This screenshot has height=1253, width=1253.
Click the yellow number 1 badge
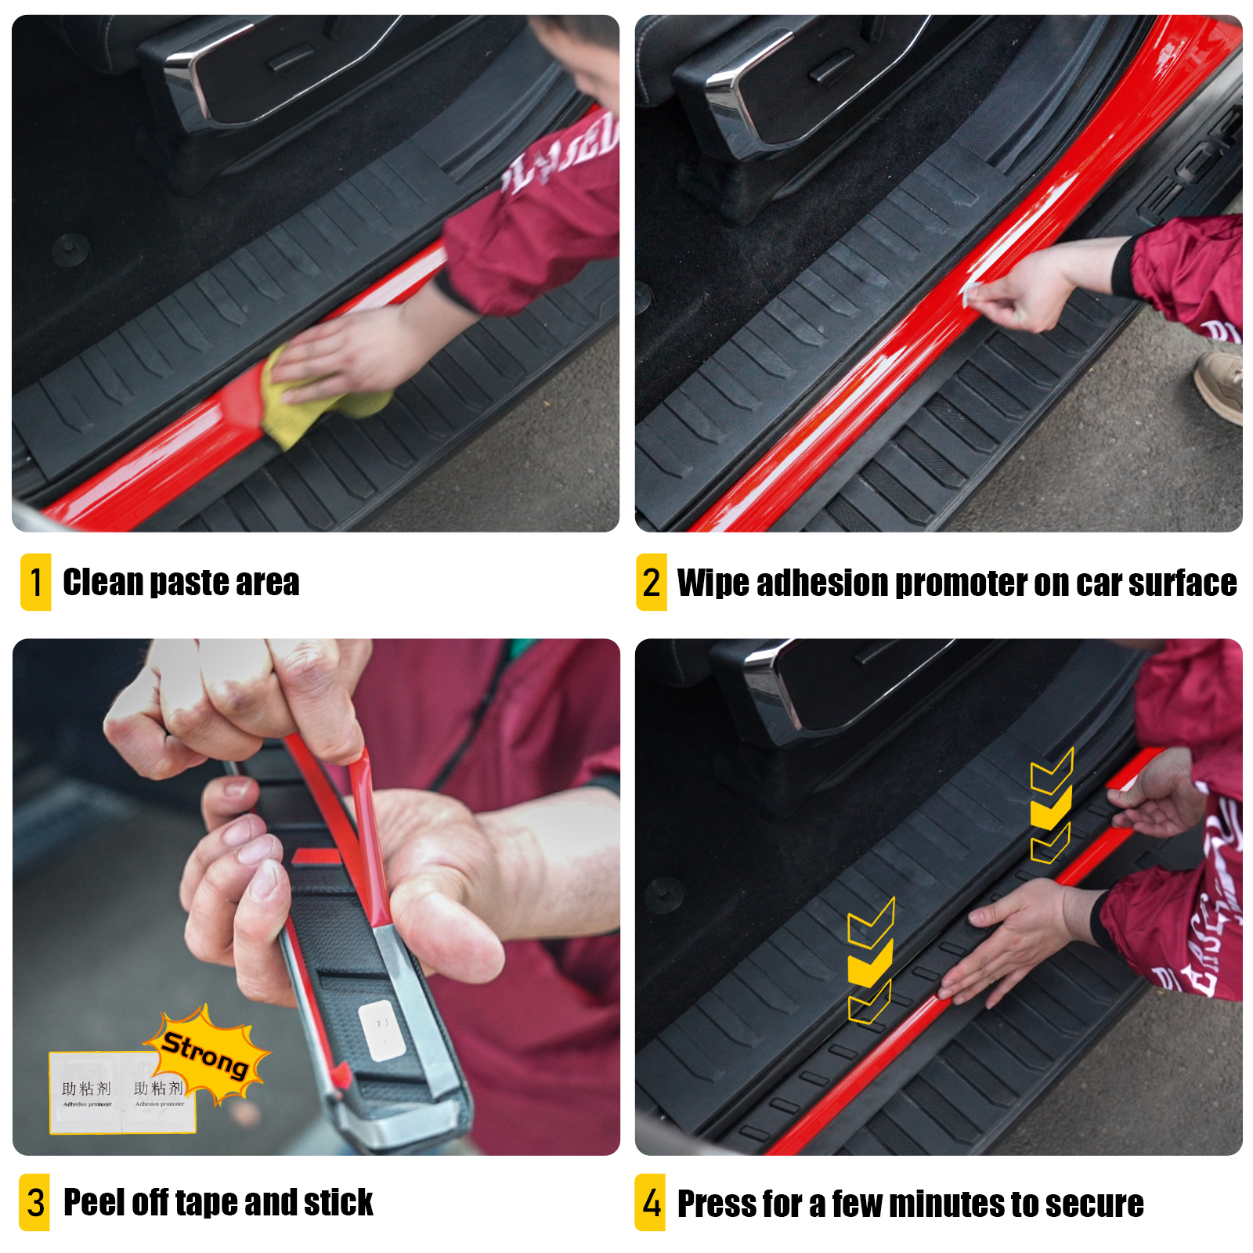tap(36, 582)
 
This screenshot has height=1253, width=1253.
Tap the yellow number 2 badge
tap(651, 582)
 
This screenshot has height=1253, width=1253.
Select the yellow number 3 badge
tap(34, 1202)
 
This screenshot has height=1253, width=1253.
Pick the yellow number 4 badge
tap(651, 1202)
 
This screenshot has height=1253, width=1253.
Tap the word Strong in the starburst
tap(205, 1053)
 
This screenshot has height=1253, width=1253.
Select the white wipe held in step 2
tap(973, 294)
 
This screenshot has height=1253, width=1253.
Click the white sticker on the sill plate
tap(381, 1030)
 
